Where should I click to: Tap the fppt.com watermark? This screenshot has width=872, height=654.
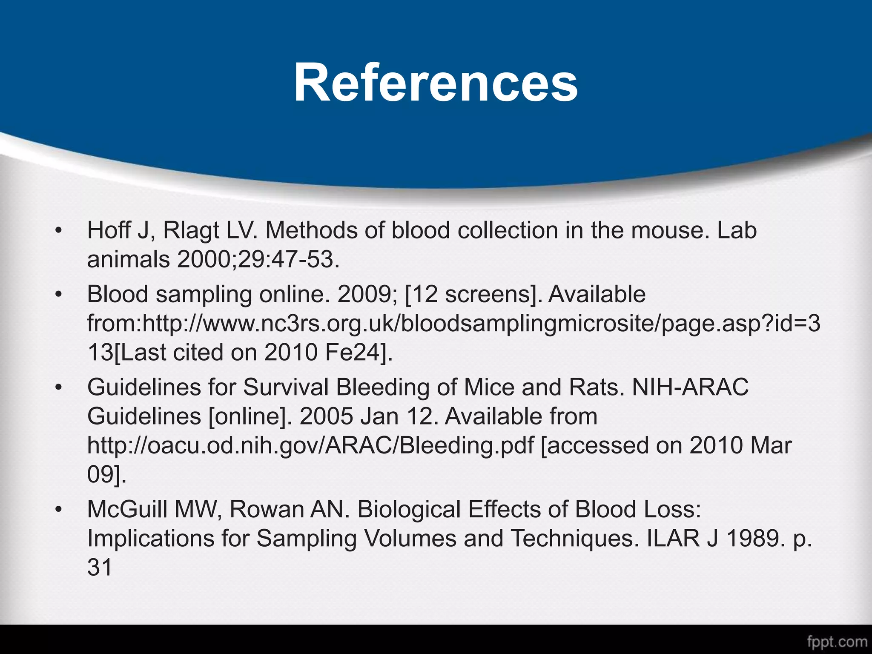point(836,641)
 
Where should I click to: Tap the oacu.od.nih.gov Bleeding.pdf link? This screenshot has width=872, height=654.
point(310,445)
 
